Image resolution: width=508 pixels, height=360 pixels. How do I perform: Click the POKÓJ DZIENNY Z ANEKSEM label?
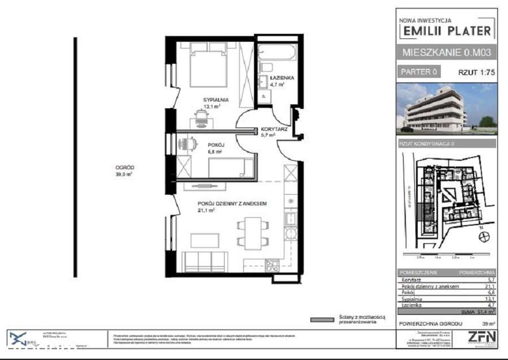click(231, 204)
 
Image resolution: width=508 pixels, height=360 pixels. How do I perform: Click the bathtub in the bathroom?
click(275, 52)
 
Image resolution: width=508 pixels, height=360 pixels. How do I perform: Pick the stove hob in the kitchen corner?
click(272, 265)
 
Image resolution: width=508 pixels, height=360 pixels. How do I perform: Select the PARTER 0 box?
click(419, 72)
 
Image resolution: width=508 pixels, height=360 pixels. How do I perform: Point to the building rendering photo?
click(446, 108)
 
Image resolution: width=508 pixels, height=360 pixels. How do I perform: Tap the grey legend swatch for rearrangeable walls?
click(322, 320)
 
